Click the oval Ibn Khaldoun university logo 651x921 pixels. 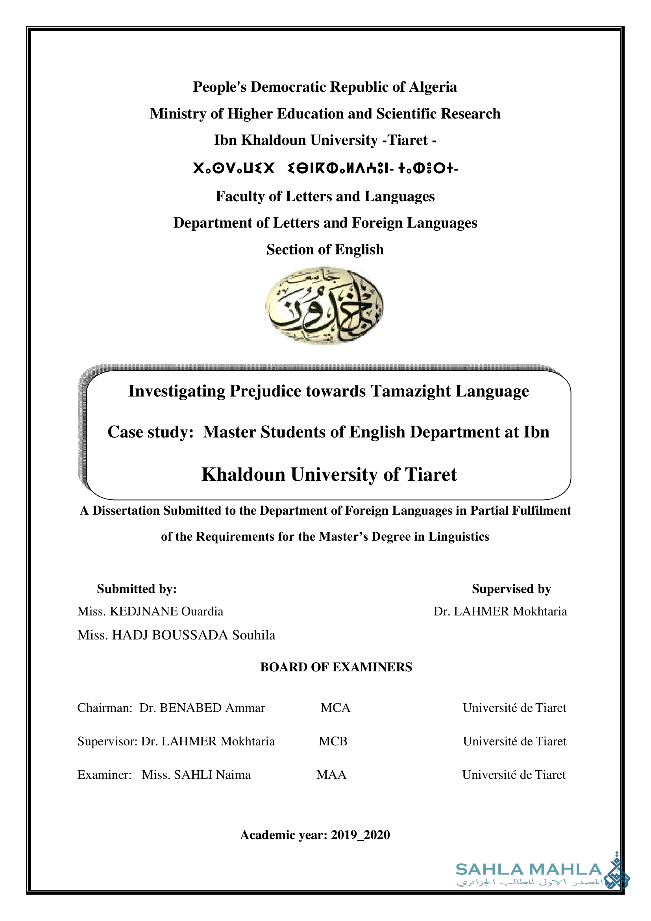tap(324, 306)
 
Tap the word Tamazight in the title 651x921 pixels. tap(410, 391)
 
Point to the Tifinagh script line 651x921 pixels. tap(325, 169)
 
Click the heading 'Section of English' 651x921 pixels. tap(325, 250)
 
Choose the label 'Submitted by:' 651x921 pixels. tap(137, 589)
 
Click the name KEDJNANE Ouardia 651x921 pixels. tap(166, 612)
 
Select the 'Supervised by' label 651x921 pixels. tap(511, 589)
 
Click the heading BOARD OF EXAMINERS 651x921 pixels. tap(336, 667)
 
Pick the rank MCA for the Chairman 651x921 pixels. tap(335, 708)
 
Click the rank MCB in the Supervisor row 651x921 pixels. tap(333, 741)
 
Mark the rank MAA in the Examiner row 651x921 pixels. tap(331, 775)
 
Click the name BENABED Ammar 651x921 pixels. tap(212, 708)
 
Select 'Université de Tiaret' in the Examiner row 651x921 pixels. tap(514, 775)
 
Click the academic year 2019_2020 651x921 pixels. tap(361, 835)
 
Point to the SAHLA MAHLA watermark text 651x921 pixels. tap(529, 870)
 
